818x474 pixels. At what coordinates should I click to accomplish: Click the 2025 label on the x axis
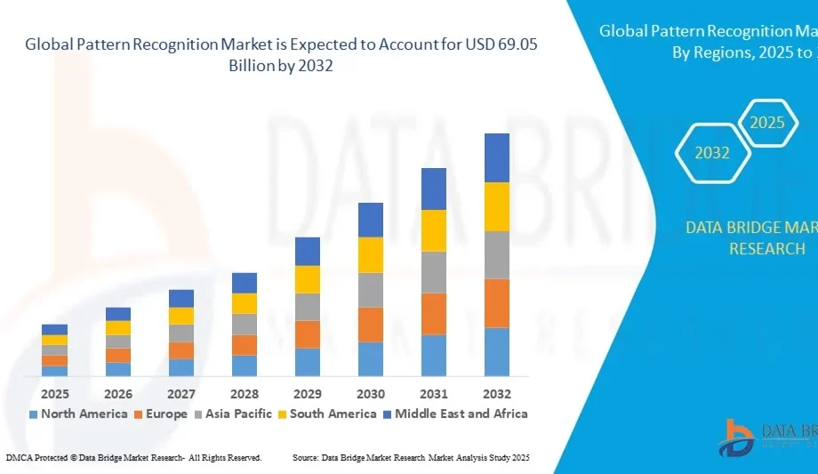tap(54, 393)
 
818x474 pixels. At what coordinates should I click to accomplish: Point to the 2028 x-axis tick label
tap(245, 393)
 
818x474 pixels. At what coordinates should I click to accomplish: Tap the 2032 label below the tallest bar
tap(497, 393)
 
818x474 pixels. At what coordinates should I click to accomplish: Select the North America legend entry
tap(77, 414)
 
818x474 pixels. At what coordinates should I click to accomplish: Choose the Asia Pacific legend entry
tap(237, 414)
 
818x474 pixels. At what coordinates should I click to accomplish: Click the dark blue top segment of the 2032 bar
tap(497, 157)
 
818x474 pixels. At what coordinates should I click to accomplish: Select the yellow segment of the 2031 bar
tap(434, 230)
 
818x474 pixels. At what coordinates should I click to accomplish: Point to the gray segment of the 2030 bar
tap(371, 290)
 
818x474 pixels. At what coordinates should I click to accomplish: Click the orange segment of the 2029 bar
tap(308, 333)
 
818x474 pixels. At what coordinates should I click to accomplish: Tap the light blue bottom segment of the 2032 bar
tap(497, 351)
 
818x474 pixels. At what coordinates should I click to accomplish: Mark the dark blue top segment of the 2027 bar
tap(181, 298)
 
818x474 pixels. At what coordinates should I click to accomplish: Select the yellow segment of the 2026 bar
tap(118, 327)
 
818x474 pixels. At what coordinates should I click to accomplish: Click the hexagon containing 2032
tap(712, 153)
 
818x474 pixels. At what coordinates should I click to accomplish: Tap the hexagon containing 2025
tap(766, 123)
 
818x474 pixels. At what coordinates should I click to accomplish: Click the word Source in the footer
tap(307, 457)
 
